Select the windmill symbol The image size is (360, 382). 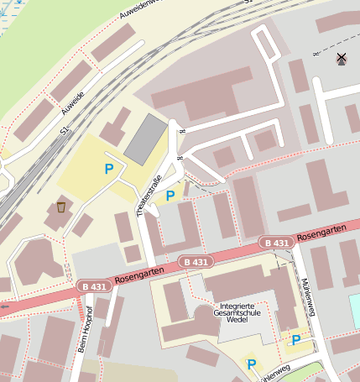341,58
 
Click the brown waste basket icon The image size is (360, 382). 61,207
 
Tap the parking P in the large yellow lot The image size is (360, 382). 108,169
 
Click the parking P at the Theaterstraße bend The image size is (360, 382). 170,196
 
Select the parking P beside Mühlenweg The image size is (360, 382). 295,339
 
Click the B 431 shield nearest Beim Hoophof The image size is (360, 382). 94,286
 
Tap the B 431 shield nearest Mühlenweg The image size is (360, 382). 276,243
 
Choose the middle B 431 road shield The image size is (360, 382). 194,262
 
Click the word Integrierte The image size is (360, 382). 242,306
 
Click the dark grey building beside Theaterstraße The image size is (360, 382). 145,139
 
